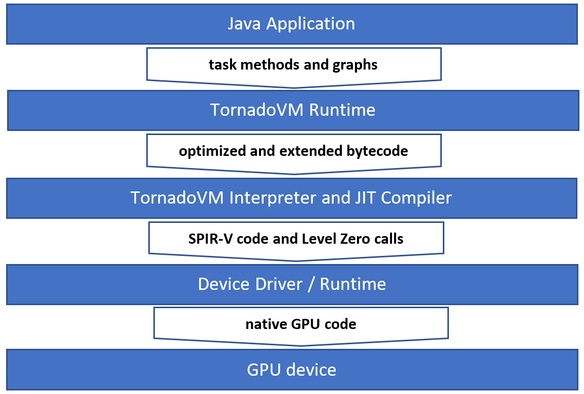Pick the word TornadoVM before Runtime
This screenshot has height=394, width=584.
click(x=257, y=110)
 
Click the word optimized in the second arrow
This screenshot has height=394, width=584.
click(x=210, y=151)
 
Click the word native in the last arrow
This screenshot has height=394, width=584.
click(x=263, y=324)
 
